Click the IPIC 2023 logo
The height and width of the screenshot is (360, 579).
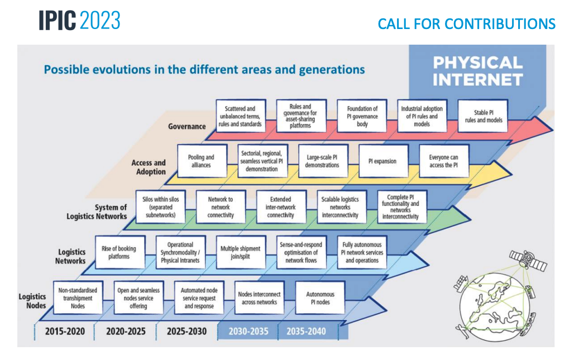[x=79, y=20]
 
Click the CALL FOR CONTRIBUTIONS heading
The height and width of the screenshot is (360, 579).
[x=466, y=24]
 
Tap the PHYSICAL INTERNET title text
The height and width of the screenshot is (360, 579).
[x=478, y=71]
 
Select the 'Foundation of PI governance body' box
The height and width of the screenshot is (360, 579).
[x=362, y=116]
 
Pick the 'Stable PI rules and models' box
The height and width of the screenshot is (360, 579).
[x=483, y=116]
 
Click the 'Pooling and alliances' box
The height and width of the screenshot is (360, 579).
[x=202, y=161]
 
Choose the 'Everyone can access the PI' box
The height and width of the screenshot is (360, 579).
[x=444, y=161]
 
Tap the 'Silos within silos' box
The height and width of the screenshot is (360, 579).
[x=161, y=207]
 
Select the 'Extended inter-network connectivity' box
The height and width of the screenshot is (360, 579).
[x=281, y=207]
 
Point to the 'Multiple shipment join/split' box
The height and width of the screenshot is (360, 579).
[x=241, y=252]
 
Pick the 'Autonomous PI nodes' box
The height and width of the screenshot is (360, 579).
[x=320, y=298]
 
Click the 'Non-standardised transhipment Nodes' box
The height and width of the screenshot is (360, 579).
[x=78, y=298]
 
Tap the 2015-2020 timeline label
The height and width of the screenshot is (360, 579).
[x=65, y=331]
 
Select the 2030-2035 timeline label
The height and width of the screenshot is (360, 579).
[x=248, y=331]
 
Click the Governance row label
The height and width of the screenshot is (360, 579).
[x=187, y=126]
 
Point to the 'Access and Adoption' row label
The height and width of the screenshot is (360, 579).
[x=149, y=167]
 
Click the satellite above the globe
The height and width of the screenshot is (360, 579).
[x=528, y=260]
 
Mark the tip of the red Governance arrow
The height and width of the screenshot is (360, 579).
[x=553, y=129]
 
